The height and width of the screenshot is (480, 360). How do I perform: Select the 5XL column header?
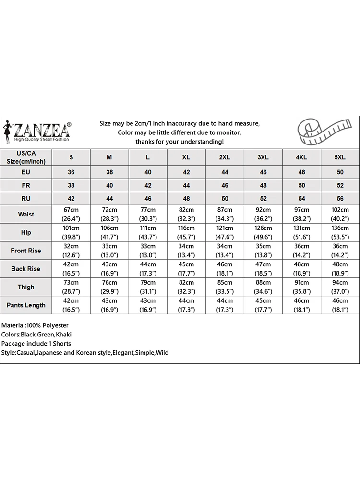[340, 157]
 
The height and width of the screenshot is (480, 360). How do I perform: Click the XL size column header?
[186, 157]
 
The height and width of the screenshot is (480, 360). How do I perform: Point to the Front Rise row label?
[26, 251]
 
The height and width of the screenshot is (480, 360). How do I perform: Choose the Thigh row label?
[26, 287]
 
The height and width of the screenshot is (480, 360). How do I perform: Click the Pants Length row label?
[26, 305]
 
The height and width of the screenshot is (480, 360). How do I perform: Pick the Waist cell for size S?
[71, 214]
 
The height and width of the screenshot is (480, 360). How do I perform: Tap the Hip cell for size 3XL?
[263, 232]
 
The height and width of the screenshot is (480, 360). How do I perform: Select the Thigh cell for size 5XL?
[340, 287]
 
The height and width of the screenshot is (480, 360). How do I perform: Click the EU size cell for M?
[109, 172]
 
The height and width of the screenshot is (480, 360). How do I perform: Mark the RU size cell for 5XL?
[340, 198]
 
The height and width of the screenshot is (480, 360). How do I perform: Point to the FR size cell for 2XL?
[225, 185]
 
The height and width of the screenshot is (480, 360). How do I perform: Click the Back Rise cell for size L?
[148, 269]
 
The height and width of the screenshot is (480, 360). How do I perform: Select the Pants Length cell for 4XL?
[301, 305]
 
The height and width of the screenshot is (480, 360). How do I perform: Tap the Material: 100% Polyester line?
[35, 325]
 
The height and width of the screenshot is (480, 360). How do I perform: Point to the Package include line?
[36, 344]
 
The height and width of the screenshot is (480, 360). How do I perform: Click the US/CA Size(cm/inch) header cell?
[26, 157]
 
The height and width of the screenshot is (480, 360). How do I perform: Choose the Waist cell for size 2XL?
[225, 214]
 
